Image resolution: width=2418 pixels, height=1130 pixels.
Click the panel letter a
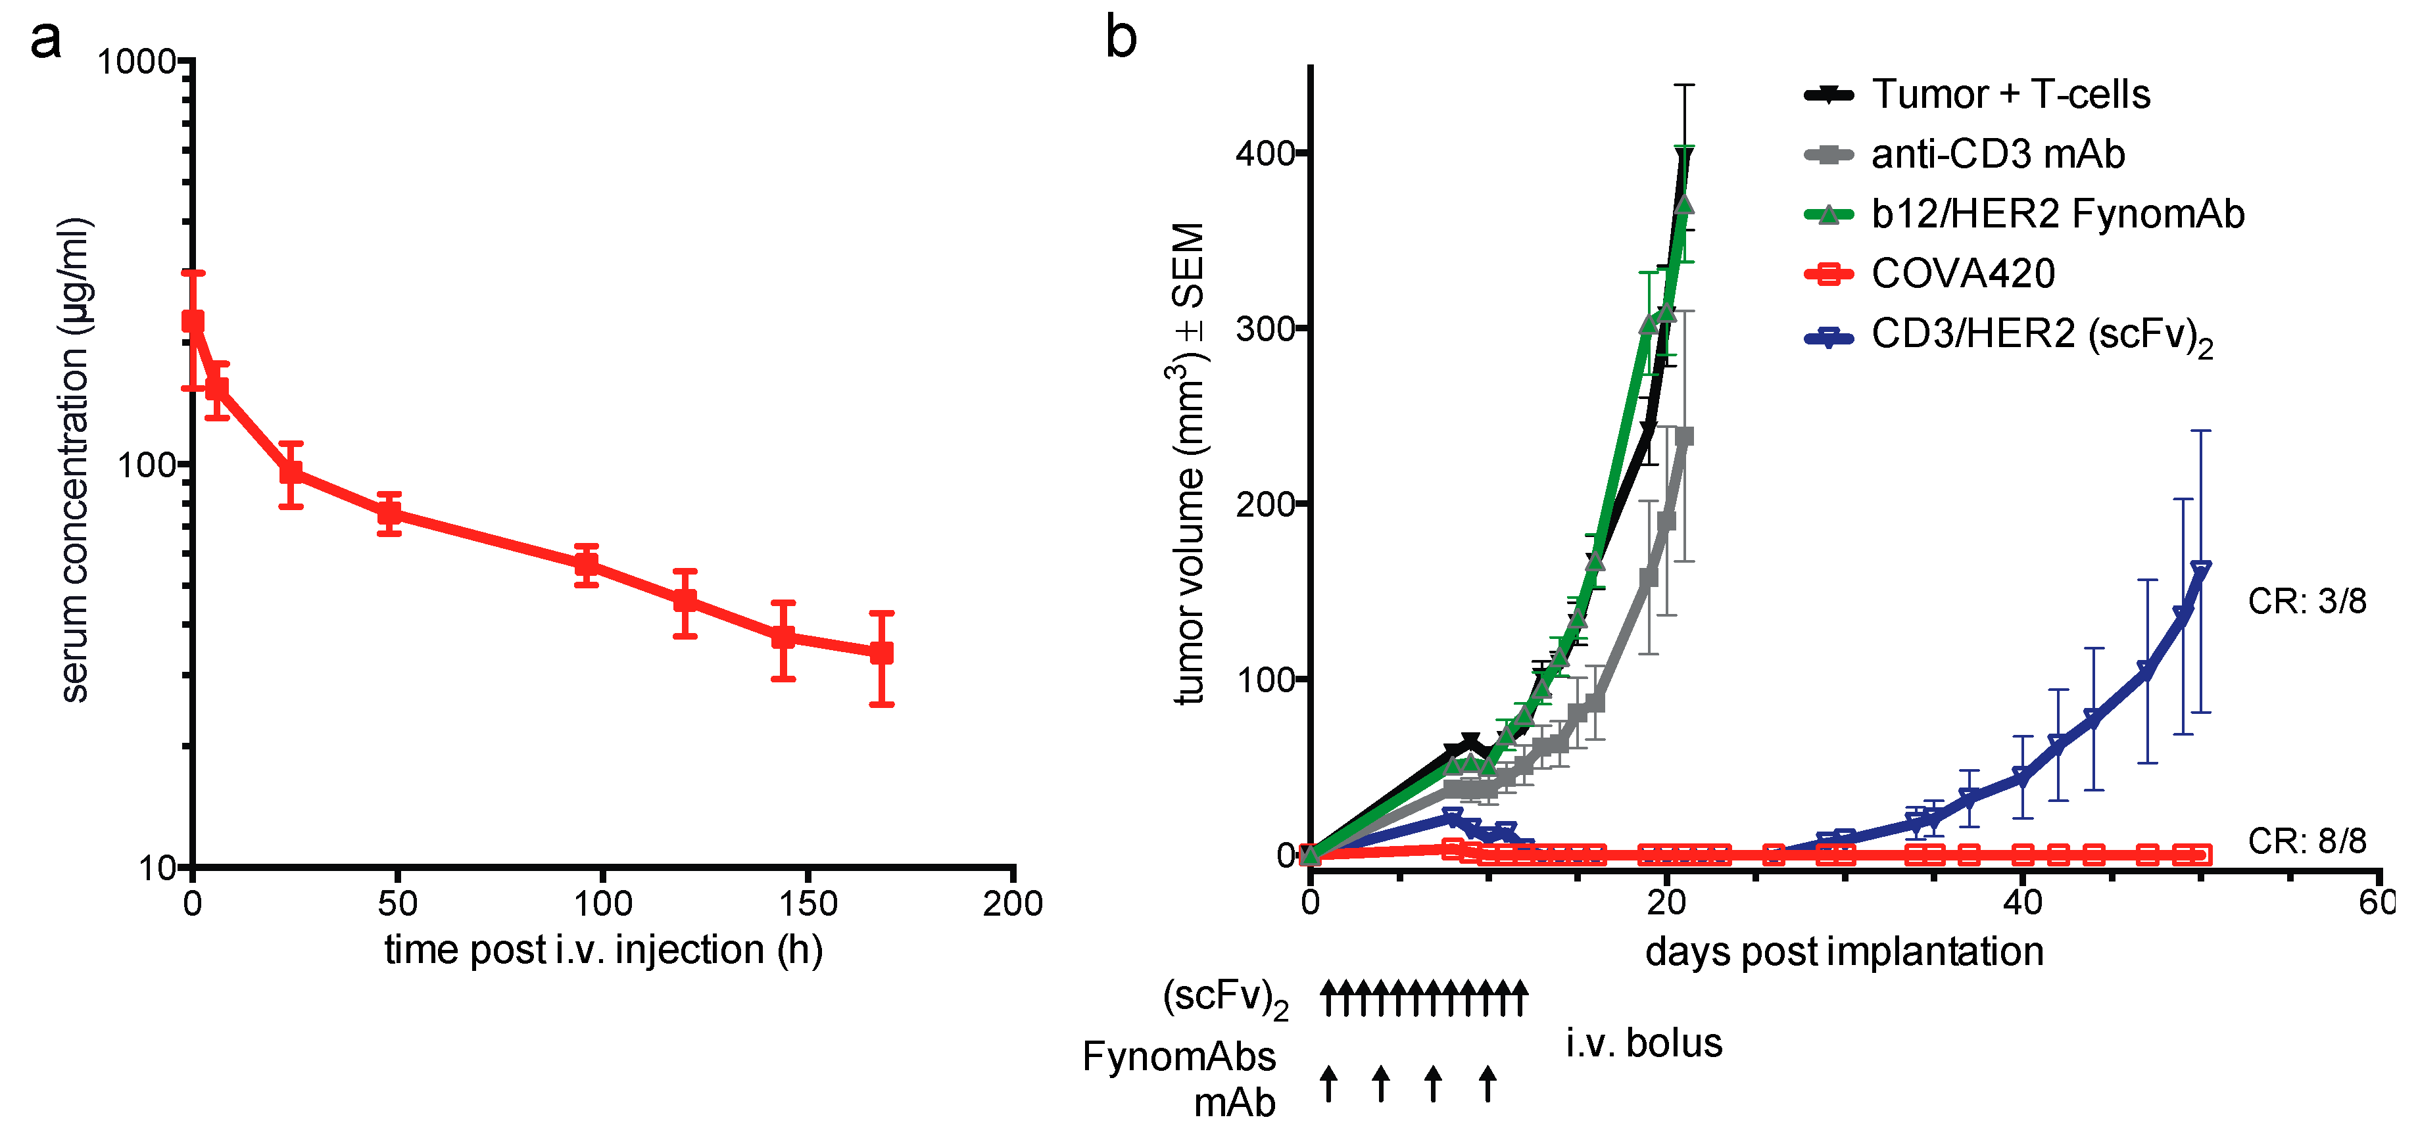coord(45,39)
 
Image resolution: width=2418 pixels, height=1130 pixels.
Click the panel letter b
coord(1120,37)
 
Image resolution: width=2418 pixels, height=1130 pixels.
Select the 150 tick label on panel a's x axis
coord(808,904)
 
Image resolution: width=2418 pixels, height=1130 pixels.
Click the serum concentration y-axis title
coord(74,460)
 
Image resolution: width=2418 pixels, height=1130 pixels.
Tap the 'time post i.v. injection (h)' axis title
coord(604,951)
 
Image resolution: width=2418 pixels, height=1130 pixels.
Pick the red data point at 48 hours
coord(389,513)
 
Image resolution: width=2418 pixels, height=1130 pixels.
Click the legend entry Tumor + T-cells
coord(2010,95)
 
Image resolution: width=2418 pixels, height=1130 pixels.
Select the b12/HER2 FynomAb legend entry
coord(2056,214)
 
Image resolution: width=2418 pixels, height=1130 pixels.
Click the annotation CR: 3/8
coord(2306,601)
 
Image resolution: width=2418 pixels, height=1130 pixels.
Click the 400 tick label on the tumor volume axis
coord(1265,153)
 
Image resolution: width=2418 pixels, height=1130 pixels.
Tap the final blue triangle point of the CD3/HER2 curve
coord(2199,570)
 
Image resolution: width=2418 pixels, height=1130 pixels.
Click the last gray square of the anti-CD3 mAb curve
coord(1684,436)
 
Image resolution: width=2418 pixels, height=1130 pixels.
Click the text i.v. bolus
coord(1643,1044)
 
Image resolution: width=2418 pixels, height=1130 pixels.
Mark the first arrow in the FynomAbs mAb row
coord(1328,1083)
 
